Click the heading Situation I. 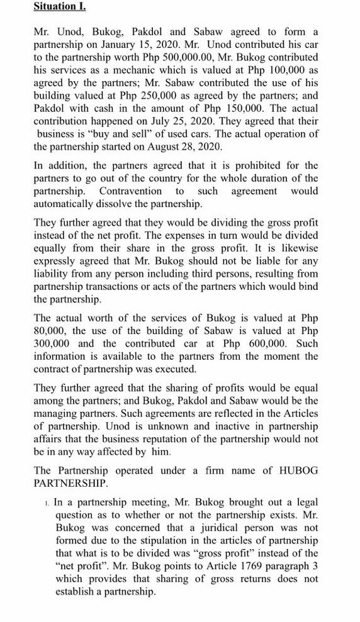click(60, 8)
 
